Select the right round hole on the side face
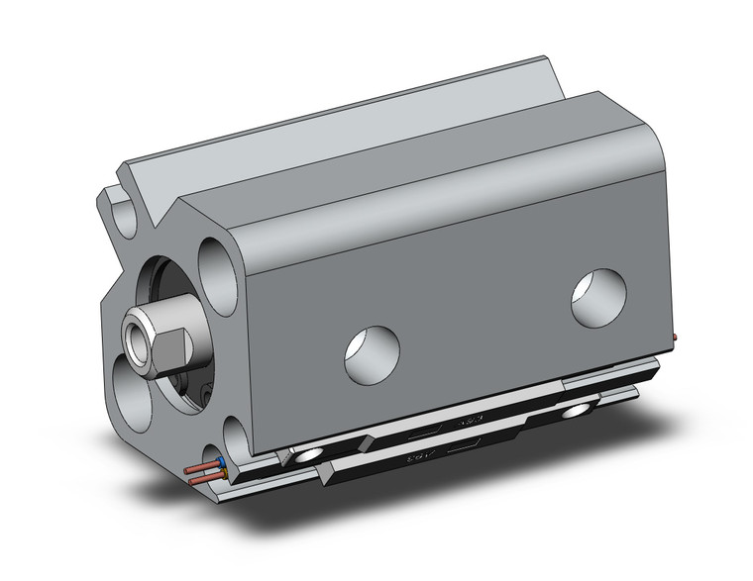click(599, 294)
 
